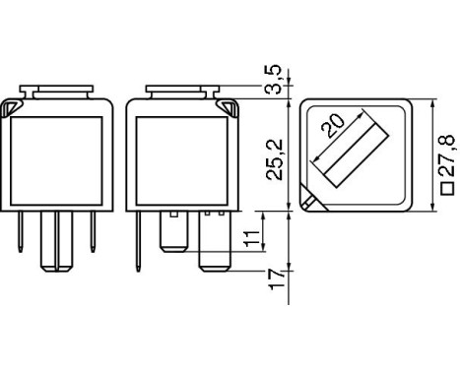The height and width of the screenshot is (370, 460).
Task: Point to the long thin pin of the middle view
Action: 141,241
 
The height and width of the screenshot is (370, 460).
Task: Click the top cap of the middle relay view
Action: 178,92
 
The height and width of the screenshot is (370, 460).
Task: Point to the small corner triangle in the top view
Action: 312,202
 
